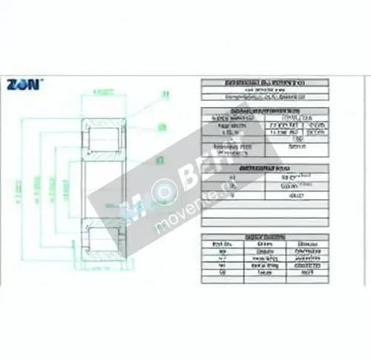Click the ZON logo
(x=25, y=84)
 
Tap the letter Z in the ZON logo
(x=13, y=84)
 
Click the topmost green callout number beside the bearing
(x=165, y=94)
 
